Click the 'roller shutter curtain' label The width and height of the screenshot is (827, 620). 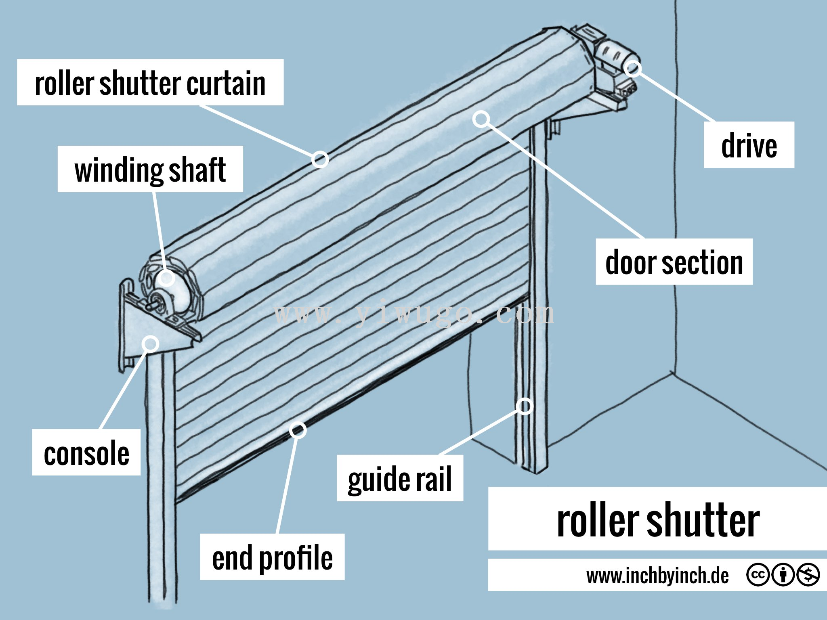(x=150, y=83)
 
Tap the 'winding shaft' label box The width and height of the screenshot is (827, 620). (x=150, y=169)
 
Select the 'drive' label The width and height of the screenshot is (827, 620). (x=749, y=145)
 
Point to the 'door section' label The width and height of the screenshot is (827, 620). (x=674, y=262)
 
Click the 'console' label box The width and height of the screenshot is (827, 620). (x=86, y=452)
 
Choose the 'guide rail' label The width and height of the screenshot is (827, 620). (x=400, y=478)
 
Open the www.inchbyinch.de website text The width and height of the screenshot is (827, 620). (x=657, y=575)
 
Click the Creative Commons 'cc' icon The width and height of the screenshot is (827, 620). (x=758, y=574)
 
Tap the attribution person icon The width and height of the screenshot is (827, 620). (x=783, y=574)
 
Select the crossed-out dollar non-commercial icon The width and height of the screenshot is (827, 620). (x=808, y=574)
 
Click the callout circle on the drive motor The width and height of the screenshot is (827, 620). (x=632, y=68)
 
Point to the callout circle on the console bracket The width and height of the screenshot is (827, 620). (x=151, y=344)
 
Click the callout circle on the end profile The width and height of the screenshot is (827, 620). (x=298, y=430)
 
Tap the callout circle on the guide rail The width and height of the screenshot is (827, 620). (x=525, y=406)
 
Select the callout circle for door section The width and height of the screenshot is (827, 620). (x=481, y=119)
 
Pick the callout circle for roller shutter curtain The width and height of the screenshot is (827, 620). (x=320, y=159)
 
